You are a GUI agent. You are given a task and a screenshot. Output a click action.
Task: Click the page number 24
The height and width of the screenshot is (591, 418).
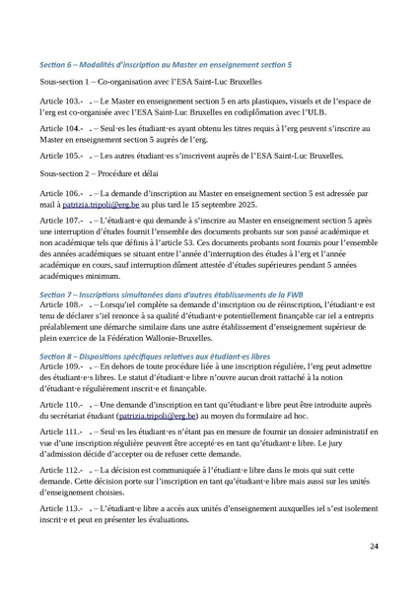373,545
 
